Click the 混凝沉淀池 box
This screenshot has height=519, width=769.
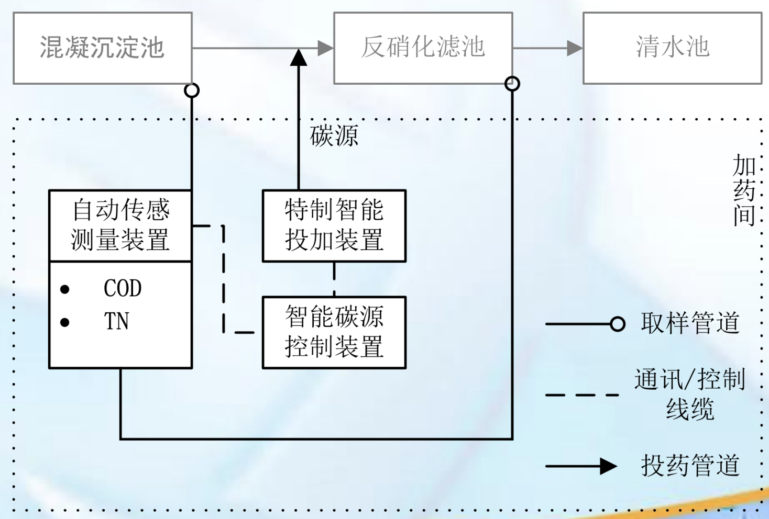[x=103, y=48]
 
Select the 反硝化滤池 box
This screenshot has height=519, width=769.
[x=423, y=48]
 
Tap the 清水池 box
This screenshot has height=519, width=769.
[x=672, y=48]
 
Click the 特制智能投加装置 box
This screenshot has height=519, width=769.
[x=334, y=225]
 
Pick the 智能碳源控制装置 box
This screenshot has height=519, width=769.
[x=334, y=332]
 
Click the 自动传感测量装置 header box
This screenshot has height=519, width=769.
[x=120, y=225]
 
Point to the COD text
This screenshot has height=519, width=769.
[x=123, y=288]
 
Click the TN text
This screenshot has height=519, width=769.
[x=116, y=321]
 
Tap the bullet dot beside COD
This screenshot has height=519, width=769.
[x=65, y=289]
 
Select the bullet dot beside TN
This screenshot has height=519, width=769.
[x=65, y=322]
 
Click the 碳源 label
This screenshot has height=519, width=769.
[x=334, y=136]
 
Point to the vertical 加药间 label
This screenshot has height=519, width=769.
[x=744, y=190]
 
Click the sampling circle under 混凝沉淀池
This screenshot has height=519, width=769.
[x=192, y=91]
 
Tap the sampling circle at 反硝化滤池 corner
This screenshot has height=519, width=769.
[x=512, y=84]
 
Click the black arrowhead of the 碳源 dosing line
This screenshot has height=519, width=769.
[x=299, y=58]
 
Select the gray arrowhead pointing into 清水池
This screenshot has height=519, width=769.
[x=575, y=48]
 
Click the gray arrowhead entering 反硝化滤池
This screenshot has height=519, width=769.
[x=325, y=48]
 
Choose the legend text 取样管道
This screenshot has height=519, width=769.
[x=690, y=323]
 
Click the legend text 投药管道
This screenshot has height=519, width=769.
[x=690, y=465]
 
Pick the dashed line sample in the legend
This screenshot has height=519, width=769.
[x=582, y=395]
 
